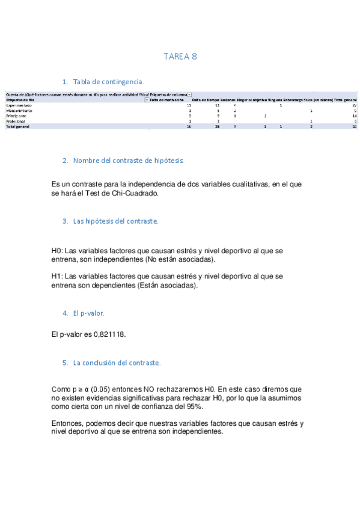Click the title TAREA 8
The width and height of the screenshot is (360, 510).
click(180, 57)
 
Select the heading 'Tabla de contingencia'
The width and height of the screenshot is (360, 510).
click(108, 82)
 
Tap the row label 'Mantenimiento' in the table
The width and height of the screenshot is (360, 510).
click(19, 111)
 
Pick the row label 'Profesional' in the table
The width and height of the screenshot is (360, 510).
click(17, 121)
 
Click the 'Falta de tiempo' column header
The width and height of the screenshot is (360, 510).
click(206, 100)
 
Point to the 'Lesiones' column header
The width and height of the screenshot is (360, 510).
click(228, 100)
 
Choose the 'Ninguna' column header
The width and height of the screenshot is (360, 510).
click(275, 100)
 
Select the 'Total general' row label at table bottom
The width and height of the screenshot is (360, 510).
click(17, 127)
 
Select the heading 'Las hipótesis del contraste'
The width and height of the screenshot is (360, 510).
click(115, 221)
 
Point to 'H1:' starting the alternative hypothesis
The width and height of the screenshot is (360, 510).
click(57, 276)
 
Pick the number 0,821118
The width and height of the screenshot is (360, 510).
click(109, 334)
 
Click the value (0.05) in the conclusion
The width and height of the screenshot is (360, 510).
click(97, 390)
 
